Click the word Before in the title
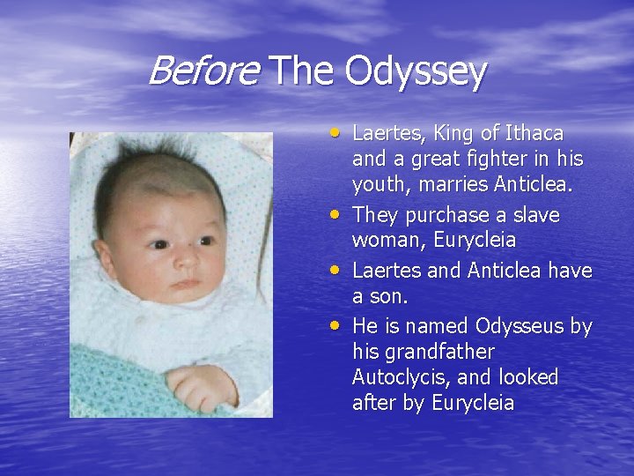(203, 71)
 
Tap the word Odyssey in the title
(415, 73)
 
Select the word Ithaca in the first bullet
(534, 134)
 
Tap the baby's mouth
(185, 285)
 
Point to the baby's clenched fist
(202, 385)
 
